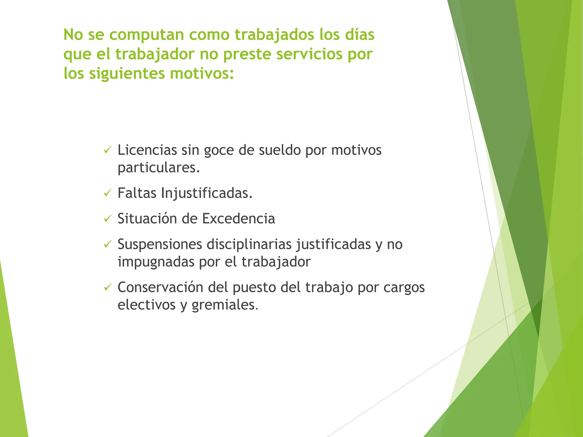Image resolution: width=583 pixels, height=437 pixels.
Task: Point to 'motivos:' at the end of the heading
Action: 202,73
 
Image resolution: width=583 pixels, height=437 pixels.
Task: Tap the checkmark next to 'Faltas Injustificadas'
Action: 107,193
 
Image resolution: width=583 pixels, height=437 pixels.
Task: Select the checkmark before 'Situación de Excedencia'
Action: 107,218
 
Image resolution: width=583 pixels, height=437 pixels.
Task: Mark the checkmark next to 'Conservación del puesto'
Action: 107,287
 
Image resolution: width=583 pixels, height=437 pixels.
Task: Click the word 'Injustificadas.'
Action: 207,193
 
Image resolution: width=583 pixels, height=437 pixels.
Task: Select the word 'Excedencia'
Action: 239,218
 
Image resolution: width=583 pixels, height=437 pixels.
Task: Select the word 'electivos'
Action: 147,305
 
